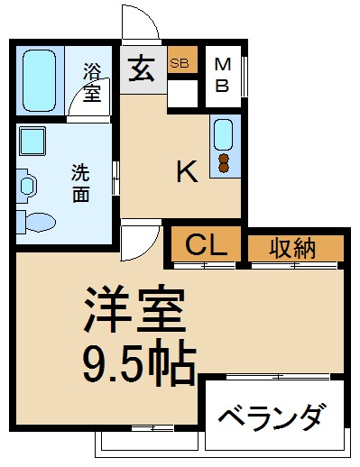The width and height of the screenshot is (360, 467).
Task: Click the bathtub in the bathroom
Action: click(x=40, y=80)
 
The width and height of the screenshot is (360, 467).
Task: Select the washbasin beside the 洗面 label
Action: click(x=27, y=186)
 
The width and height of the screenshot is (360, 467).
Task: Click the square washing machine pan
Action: click(x=32, y=141)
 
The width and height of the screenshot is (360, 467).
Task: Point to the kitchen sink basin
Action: click(x=223, y=134)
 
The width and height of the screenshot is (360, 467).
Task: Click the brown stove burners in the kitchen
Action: click(x=224, y=163)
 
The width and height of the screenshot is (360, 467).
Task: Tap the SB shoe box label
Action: click(x=180, y=63)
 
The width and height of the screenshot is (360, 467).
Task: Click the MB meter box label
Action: click(x=223, y=75)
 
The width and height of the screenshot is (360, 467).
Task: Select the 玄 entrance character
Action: click(x=141, y=69)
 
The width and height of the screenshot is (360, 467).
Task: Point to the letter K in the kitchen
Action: click(x=188, y=171)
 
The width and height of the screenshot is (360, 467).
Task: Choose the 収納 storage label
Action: click(x=292, y=249)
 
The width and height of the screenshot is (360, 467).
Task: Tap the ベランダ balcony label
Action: click(x=272, y=417)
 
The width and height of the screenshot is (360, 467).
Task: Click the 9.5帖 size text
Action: click(x=139, y=363)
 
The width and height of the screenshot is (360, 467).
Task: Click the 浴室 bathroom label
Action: click(x=92, y=82)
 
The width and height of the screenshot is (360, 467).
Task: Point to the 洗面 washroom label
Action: click(x=80, y=183)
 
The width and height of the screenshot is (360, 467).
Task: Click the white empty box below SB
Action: click(x=182, y=93)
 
